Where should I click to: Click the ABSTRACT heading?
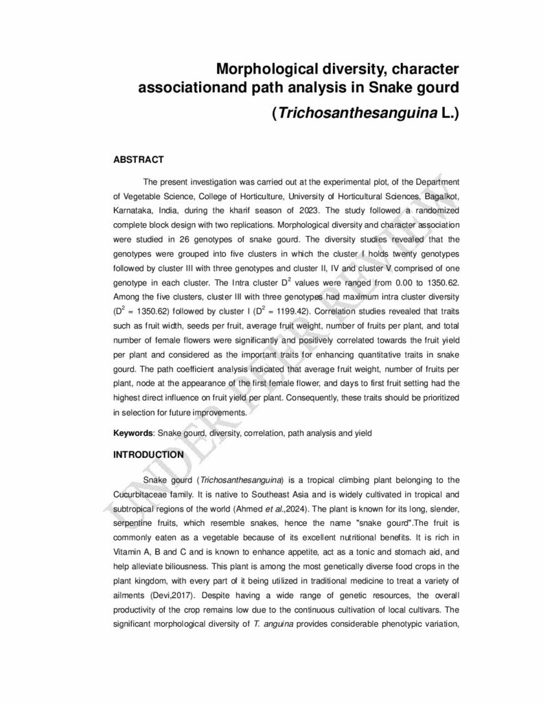pos(138,160)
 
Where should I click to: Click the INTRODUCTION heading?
pos(148,454)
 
